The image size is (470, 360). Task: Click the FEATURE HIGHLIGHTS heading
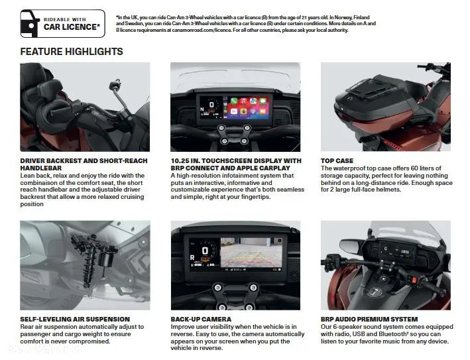(72, 52)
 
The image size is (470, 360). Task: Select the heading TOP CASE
(337, 160)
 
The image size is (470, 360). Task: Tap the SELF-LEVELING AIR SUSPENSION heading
(75, 320)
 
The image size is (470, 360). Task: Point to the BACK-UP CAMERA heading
(201, 320)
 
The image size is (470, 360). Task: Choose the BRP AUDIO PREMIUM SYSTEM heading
(369, 320)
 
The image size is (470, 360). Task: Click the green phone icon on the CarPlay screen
(234, 101)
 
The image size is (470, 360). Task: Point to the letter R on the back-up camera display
(192, 257)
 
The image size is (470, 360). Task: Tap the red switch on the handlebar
(415, 280)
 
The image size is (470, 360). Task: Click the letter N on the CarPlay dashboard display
(202, 109)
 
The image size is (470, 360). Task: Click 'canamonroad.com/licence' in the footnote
(202, 30)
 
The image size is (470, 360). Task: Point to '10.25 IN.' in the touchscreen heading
(184, 160)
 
